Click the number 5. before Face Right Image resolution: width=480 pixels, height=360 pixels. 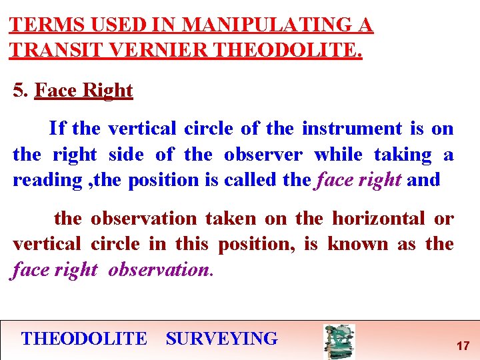[x=21, y=90]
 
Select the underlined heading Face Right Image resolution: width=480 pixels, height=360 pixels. [x=83, y=90]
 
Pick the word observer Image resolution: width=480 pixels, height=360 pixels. [x=263, y=154]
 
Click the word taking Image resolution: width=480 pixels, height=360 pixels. [x=403, y=154]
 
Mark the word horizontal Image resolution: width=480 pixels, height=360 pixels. [x=379, y=218]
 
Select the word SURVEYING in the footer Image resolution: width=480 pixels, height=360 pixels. [x=221, y=338]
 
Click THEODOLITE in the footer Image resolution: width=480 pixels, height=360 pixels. [x=84, y=338]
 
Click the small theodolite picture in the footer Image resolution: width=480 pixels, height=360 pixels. [x=339, y=341]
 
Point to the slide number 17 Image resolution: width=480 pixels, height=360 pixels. [x=463, y=346]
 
